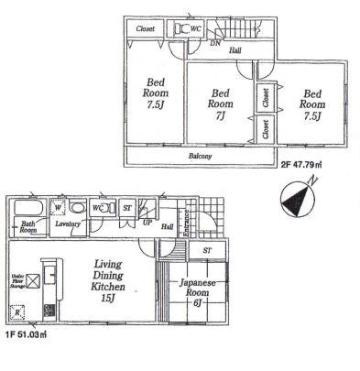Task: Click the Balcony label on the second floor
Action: click(x=201, y=157)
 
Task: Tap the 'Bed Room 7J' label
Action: click(x=221, y=104)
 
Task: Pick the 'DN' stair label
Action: click(x=216, y=41)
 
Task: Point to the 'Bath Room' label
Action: click(x=28, y=227)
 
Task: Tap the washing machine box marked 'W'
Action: click(x=60, y=205)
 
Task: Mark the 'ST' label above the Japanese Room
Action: click(x=208, y=249)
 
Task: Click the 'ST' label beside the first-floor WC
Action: click(x=126, y=206)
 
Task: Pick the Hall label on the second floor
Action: click(x=235, y=50)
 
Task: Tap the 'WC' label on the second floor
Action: click(x=196, y=28)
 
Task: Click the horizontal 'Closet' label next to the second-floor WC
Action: click(x=145, y=29)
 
